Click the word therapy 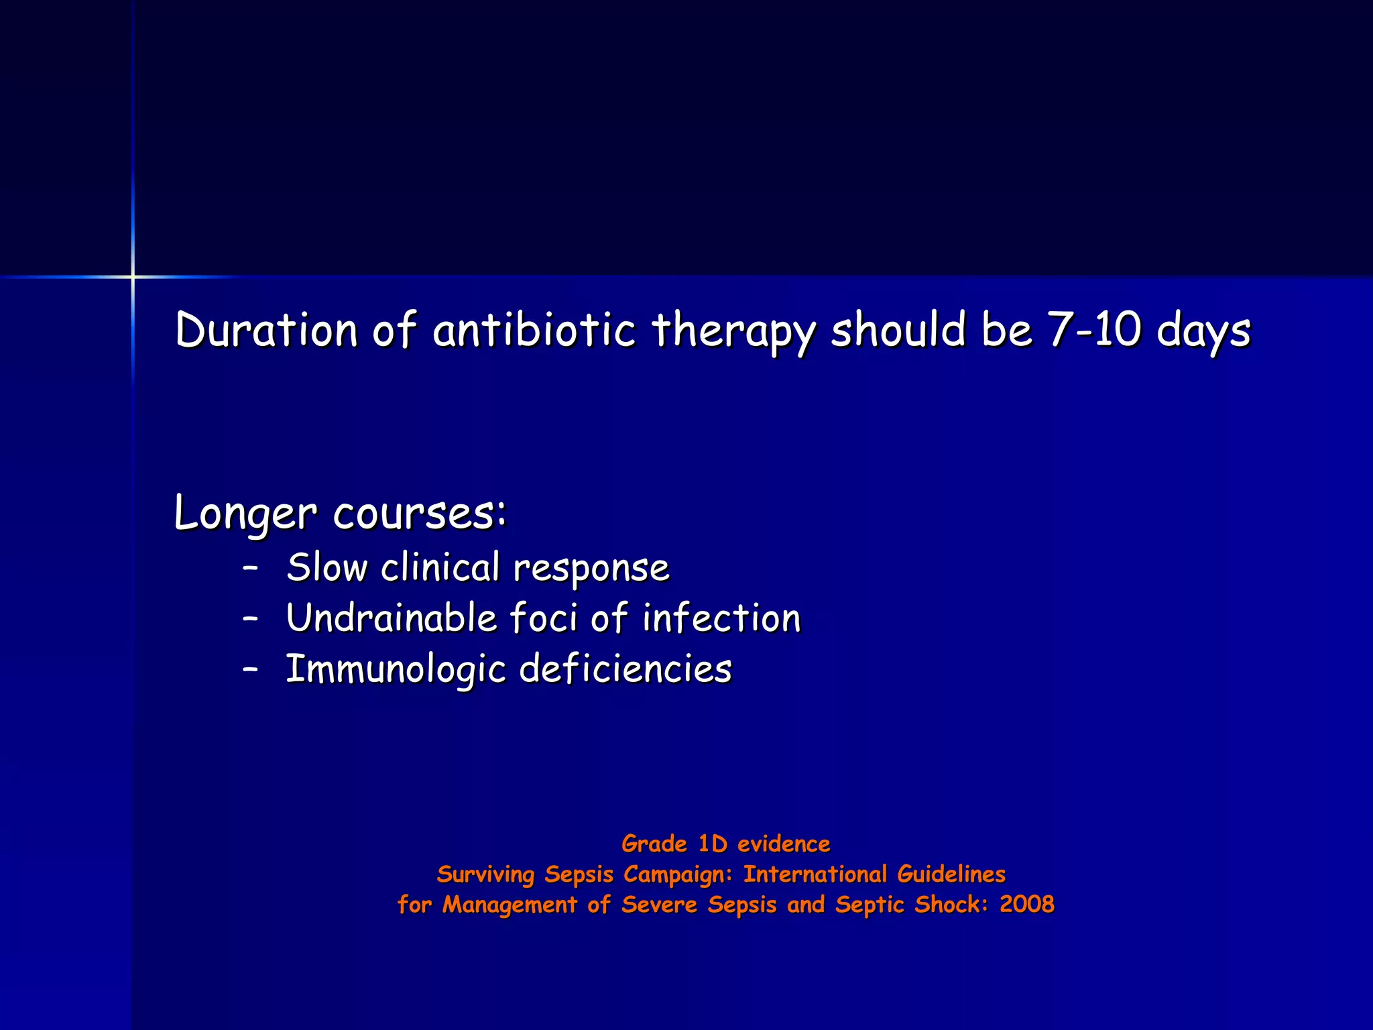point(733,331)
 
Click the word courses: point(420,514)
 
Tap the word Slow point(327,568)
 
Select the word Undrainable point(392,618)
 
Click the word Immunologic point(396,670)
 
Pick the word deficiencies point(625,669)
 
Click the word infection point(721,618)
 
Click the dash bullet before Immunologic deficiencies point(251,669)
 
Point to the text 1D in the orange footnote point(713,844)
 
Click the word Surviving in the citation point(485,874)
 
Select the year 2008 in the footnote point(1026,904)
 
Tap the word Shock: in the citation point(951,904)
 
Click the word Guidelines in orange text point(951,874)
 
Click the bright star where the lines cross point(133,276)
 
